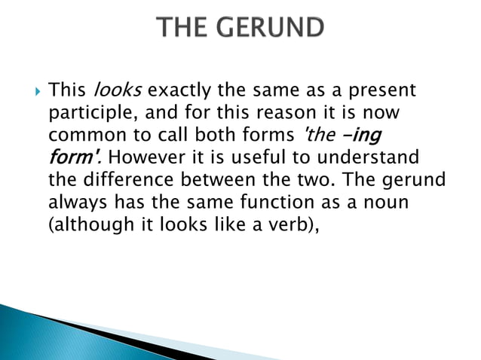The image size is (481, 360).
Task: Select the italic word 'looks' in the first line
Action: tap(118, 92)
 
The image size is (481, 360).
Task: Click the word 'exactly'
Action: tap(179, 92)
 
